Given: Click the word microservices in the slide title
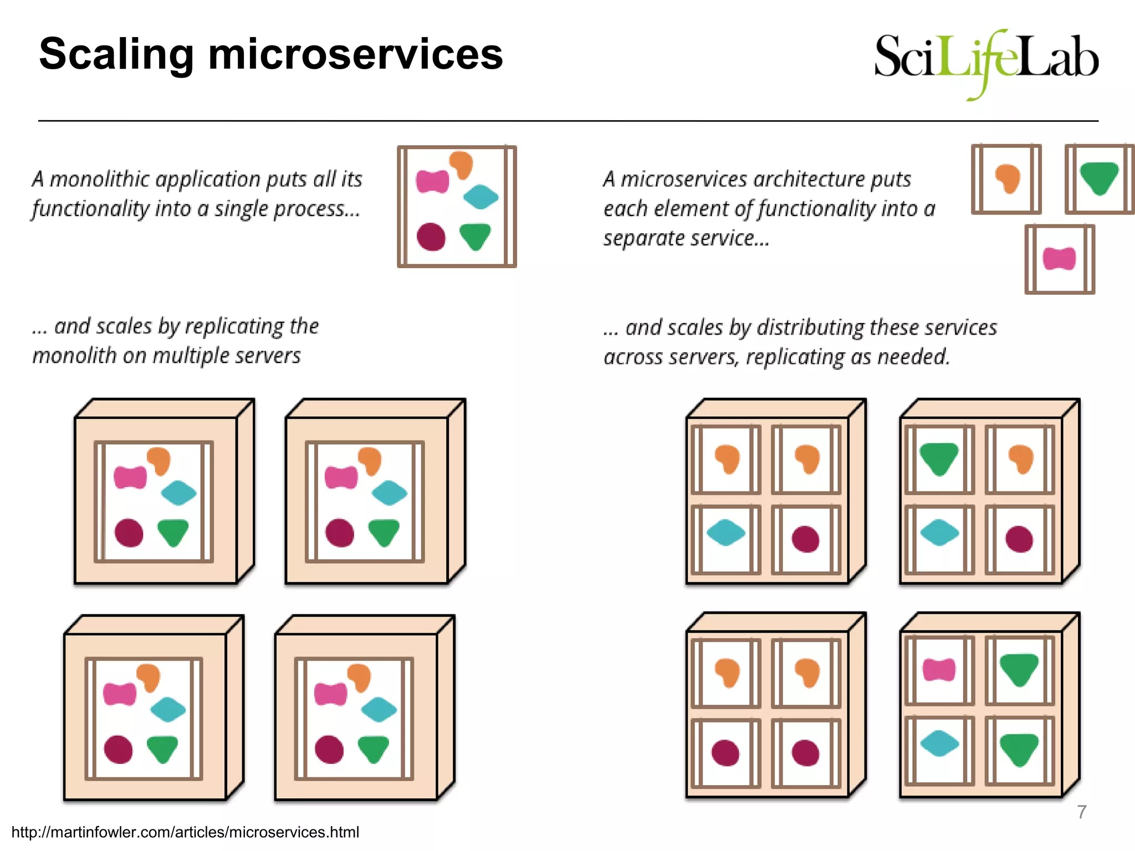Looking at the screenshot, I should pos(355,54).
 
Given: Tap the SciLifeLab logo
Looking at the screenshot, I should pos(986,61).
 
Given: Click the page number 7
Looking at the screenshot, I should pos(1081,812).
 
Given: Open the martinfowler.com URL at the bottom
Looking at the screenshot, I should pos(185,832).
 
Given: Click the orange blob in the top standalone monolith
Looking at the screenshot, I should pos(461,163).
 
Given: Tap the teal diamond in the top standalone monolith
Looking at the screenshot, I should pos(480,197).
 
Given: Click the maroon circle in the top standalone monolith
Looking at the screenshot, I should pos(431,237).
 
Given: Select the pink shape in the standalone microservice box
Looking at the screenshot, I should pos(1059,259).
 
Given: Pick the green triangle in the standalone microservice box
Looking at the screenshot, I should pos(1099,177).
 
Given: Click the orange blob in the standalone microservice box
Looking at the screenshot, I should pos(1008,178).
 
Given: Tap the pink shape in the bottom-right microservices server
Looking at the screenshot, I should pos(939,670).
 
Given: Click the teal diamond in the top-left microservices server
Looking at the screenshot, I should pos(725,532).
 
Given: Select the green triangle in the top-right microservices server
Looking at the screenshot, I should pos(939,458).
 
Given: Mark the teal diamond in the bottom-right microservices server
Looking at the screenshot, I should pos(939,743).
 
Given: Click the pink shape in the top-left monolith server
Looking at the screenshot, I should pos(130,477).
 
